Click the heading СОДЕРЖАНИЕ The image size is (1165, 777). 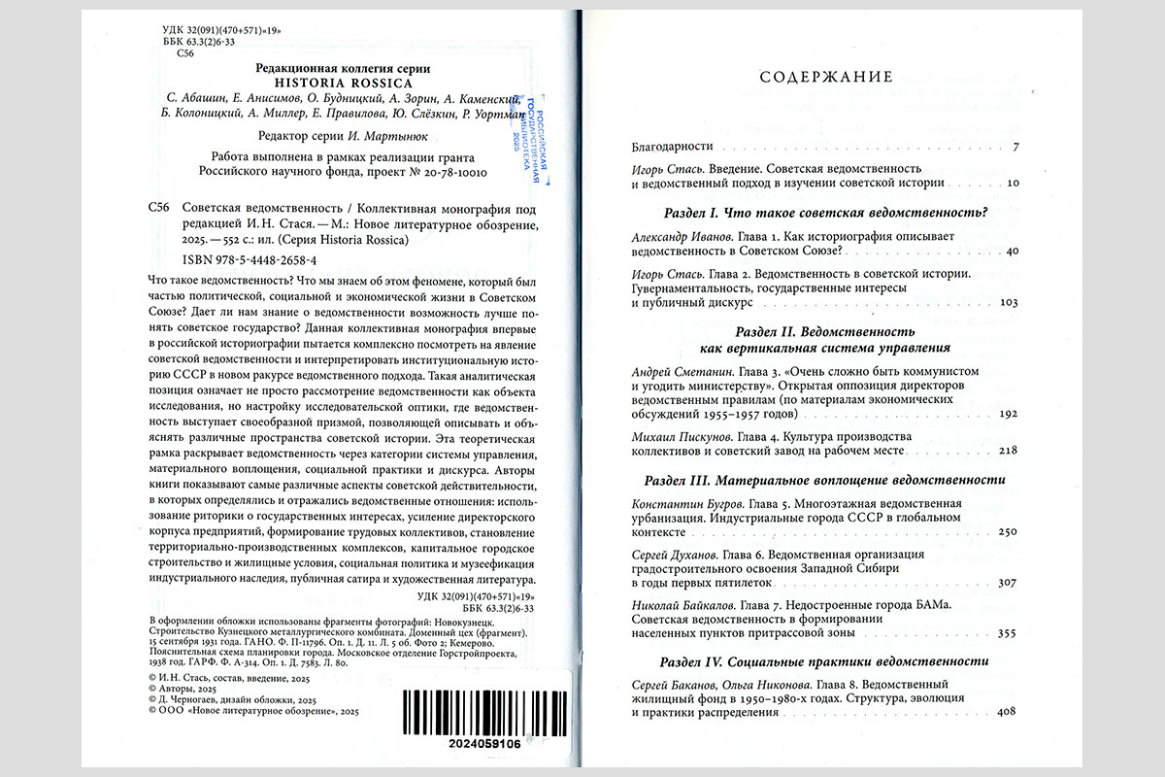click(x=825, y=78)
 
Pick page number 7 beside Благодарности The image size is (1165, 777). click(x=1014, y=148)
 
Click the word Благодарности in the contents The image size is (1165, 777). click(x=672, y=147)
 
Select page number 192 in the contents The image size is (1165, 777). click(x=1006, y=414)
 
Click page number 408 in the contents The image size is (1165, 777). click(x=1005, y=713)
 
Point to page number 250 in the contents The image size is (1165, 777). click(x=1006, y=532)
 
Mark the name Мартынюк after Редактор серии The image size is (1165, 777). click(x=401, y=137)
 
